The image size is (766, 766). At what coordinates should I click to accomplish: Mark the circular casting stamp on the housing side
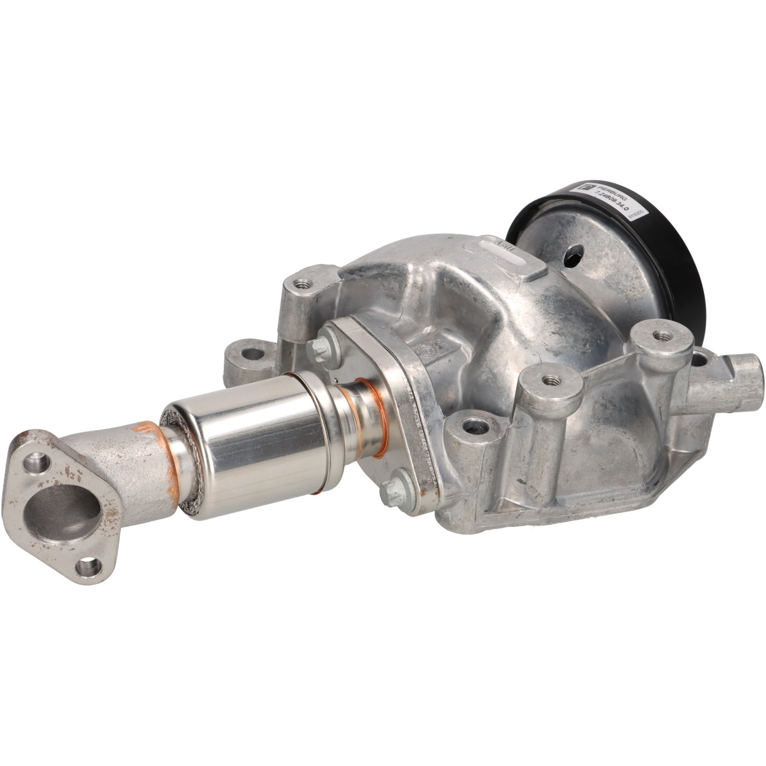click(x=426, y=352)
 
